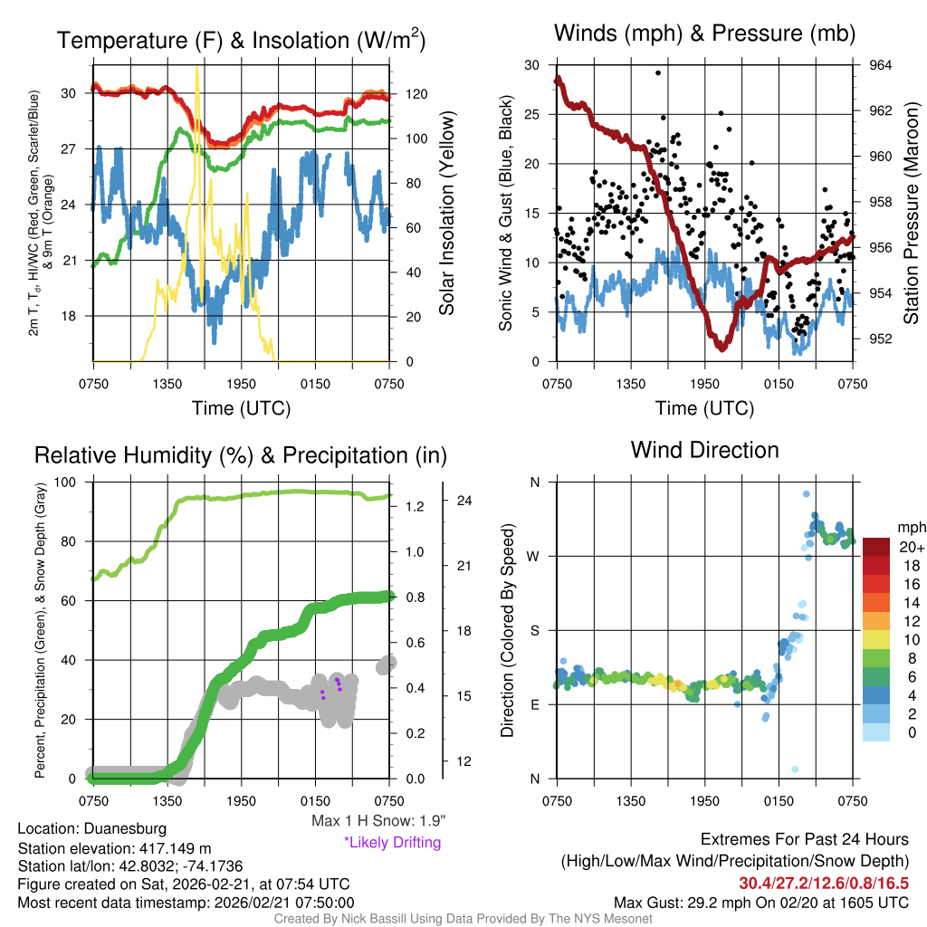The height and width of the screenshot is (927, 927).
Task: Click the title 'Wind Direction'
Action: [704, 450]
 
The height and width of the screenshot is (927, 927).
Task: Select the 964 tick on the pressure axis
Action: [880, 65]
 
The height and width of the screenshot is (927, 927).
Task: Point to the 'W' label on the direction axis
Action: [533, 556]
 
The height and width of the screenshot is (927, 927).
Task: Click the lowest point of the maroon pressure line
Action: [722, 348]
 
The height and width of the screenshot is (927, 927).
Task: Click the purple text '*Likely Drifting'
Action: [392, 843]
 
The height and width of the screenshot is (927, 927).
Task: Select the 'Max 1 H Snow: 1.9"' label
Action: [377, 821]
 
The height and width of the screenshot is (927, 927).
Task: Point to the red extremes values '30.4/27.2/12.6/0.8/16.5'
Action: [824, 883]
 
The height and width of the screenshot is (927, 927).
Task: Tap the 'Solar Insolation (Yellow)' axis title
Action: [446, 214]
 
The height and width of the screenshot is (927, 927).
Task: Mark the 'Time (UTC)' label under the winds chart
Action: [704, 408]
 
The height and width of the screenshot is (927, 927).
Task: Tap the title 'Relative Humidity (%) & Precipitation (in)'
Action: [241, 455]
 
